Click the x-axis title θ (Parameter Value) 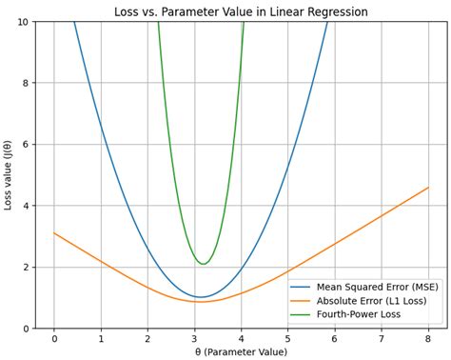(241, 351)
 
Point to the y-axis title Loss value (10, 175)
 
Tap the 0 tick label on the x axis (54, 338)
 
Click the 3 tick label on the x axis (195, 338)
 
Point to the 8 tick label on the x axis (428, 338)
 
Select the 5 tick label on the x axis (288, 338)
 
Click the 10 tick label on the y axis (22, 22)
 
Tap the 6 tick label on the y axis (26, 145)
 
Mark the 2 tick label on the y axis (26, 267)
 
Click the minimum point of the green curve (203, 264)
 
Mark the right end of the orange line (428, 188)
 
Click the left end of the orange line (54, 233)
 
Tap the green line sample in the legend (304, 313)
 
